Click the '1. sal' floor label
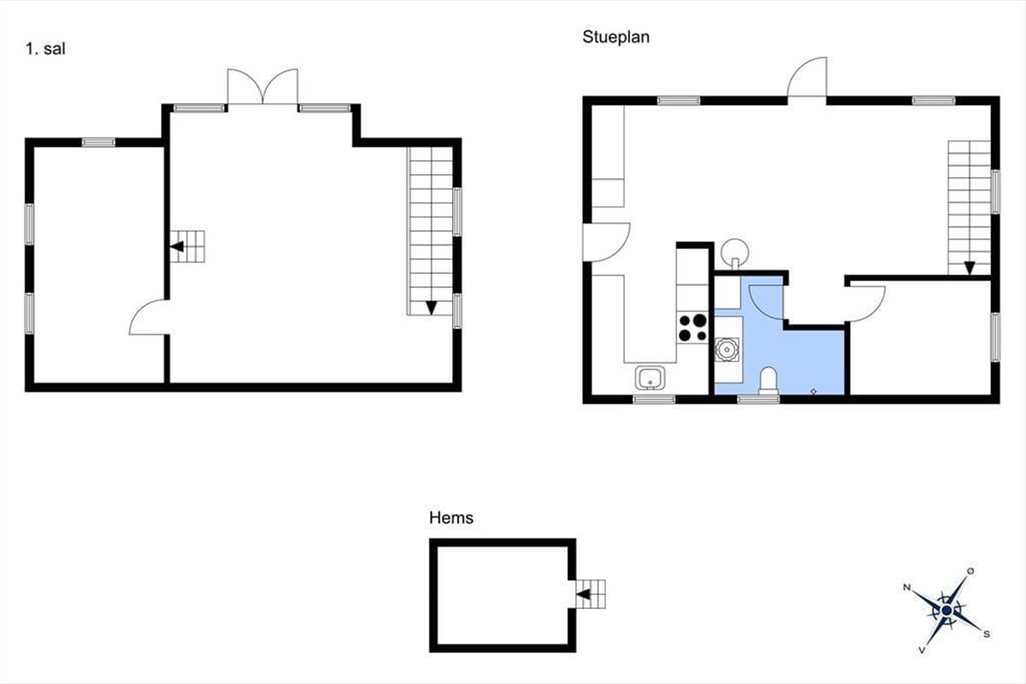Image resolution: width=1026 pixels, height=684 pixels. coord(45,49)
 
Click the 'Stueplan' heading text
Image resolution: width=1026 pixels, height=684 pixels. coord(616,37)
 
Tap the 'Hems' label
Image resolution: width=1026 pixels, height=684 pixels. coord(451,517)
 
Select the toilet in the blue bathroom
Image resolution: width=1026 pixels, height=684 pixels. coord(769,380)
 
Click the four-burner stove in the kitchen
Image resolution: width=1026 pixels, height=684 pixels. coord(693,327)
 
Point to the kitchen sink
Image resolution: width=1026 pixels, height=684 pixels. coord(650,378)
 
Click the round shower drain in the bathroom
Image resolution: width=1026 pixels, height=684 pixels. coord(727,350)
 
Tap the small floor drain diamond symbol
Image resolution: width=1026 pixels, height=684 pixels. coord(813,392)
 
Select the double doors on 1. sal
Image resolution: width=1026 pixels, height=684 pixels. coord(263,87)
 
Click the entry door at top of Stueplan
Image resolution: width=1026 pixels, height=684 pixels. coord(807,77)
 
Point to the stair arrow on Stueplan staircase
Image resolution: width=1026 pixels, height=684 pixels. coord(970,268)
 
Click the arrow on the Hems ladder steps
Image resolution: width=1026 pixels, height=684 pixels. coord(583,594)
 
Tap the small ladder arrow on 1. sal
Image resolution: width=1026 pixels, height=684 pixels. coord(177,246)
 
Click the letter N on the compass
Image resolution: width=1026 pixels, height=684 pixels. coord(906,587)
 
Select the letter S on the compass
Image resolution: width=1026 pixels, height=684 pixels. coord(987,634)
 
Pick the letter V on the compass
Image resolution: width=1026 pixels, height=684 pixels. coord(922,650)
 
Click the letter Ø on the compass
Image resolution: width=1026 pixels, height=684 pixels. coord(970,571)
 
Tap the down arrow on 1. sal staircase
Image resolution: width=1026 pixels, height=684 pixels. coord(431,308)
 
